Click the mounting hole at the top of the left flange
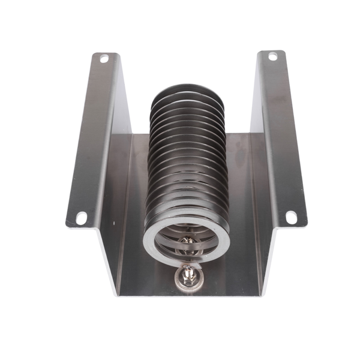[104, 58]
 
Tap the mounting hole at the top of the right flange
[272, 56]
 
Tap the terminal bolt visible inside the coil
[186, 242]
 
